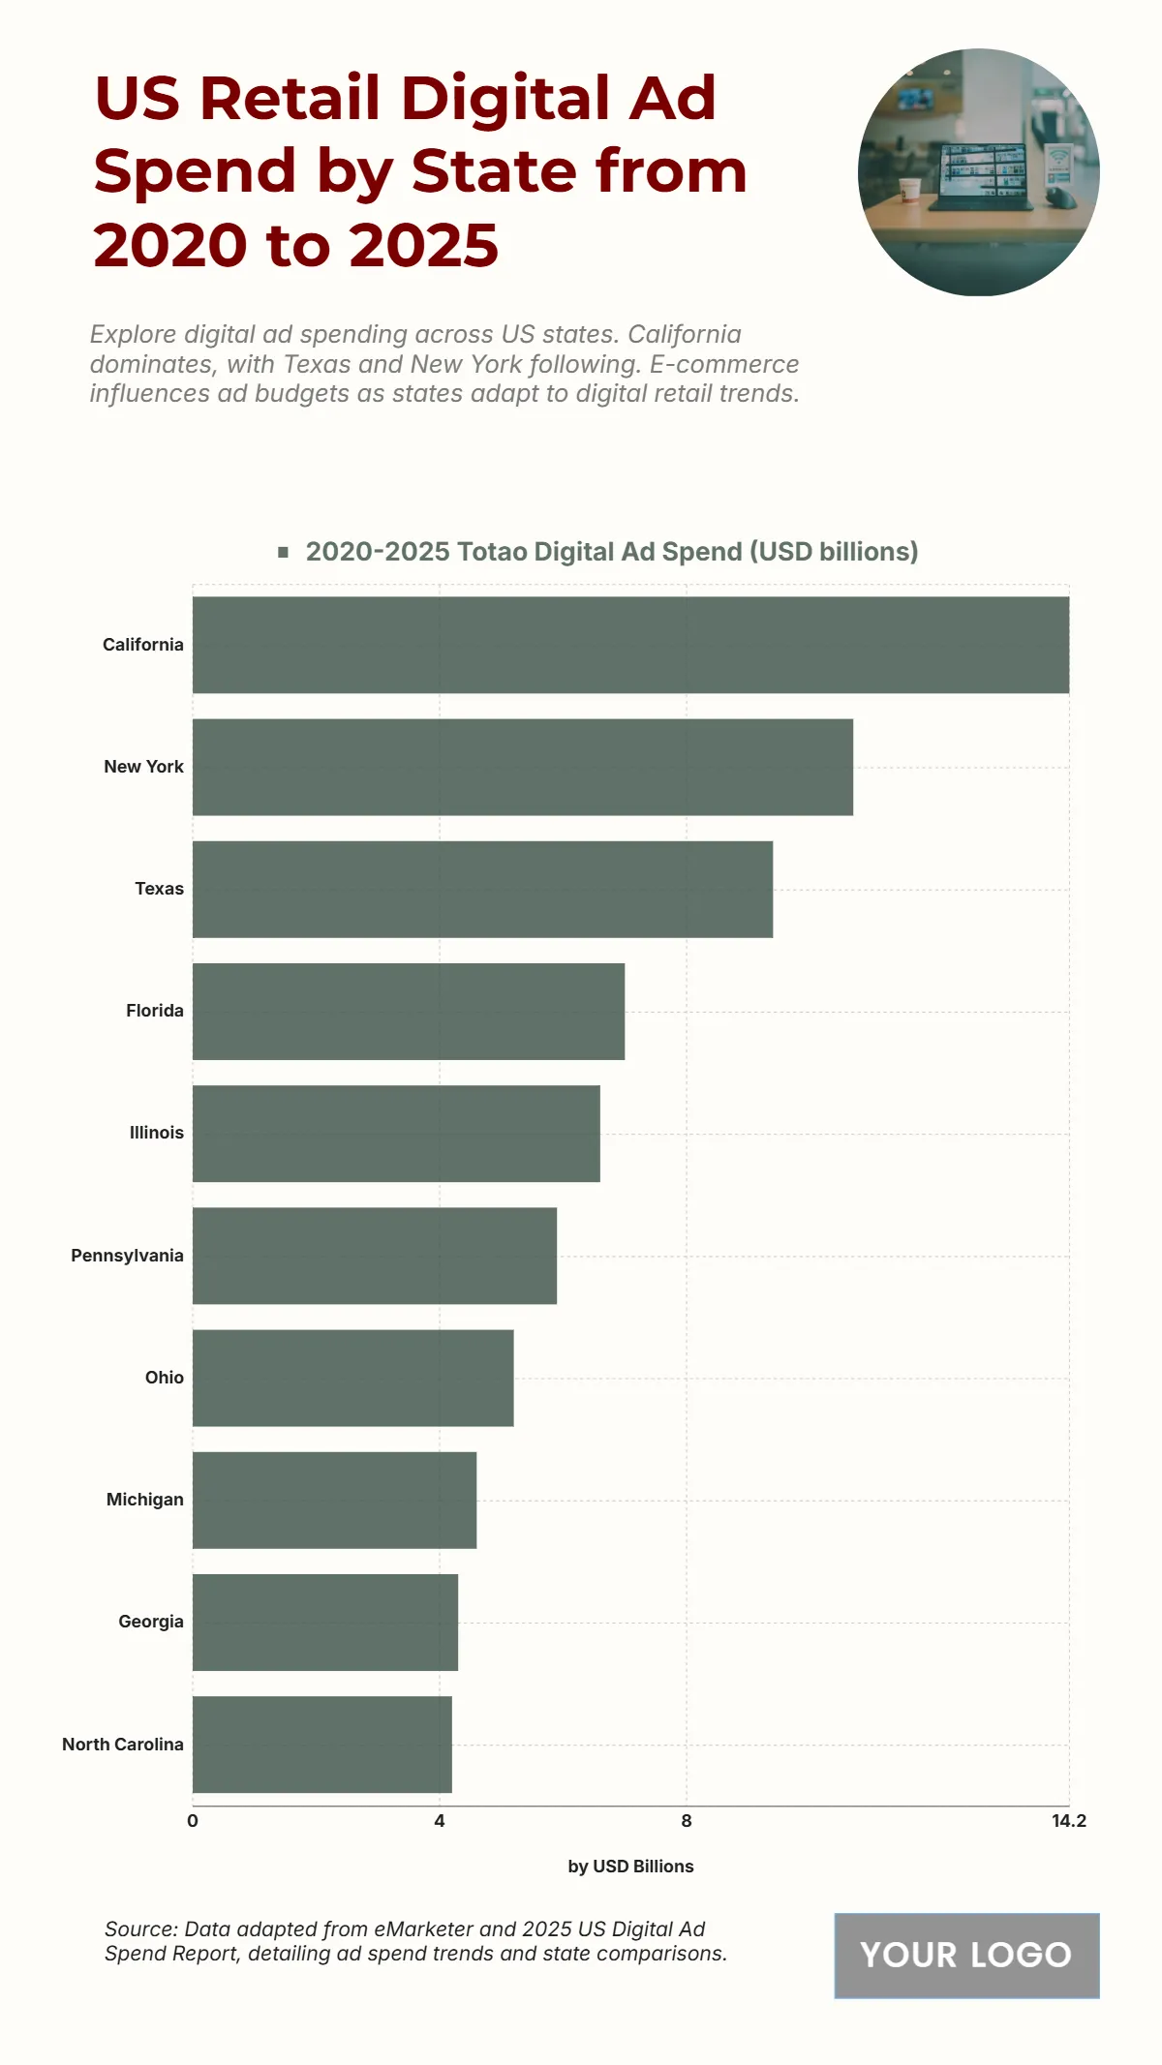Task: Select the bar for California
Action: pyautogui.click(x=630, y=645)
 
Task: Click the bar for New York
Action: pyautogui.click(x=523, y=767)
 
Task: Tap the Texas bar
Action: pyautogui.click(x=482, y=889)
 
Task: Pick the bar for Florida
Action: pyautogui.click(x=409, y=1011)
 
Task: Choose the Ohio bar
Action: pyautogui.click(x=352, y=1378)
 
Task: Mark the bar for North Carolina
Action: pyautogui.click(x=321, y=1745)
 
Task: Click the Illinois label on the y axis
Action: pyautogui.click(x=157, y=1133)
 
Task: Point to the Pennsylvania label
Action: pyautogui.click(x=127, y=1256)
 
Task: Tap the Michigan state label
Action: pyautogui.click(x=145, y=1500)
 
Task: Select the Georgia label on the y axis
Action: pyautogui.click(x=151, y=1622)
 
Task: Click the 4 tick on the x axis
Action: pyautogui.click(x=440, y=1821)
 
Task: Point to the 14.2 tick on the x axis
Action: pyautogui.click(x=1069, y=1821)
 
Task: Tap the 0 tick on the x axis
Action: pyautogui.click(x=193, y=1821)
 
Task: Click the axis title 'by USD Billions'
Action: pyautogui.click(x=630, y=1867)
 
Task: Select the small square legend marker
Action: pyautogui.click(x=284, y=552)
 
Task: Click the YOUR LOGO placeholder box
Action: pyautogui.click(x=966, y=1955)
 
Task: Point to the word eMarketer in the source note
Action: pyautogui.click(x=423, y=1928)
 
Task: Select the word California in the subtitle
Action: pyautogui.click(x=685, y=334)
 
